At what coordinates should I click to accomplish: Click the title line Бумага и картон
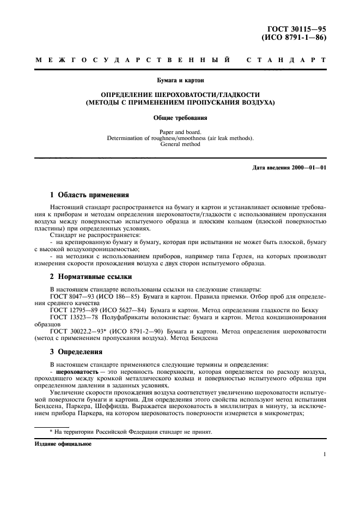coord(180,80)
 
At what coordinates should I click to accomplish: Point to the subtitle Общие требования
coord(180,117)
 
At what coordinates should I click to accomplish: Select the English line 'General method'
coord(180,144)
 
